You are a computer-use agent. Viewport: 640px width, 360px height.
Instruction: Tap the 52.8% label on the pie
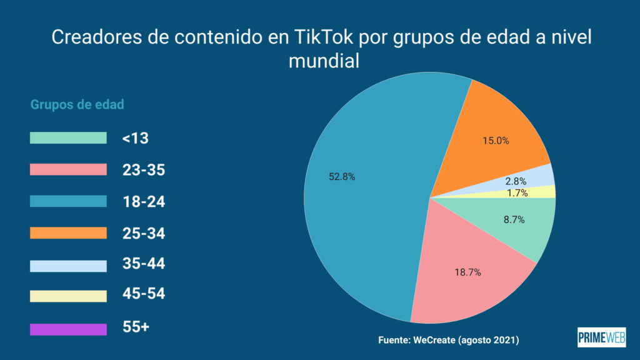[x=342, y=177]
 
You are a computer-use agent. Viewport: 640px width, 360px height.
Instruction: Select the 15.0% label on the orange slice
[x=495, y=141]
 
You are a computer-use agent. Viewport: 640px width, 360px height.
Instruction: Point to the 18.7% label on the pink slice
[x=468, y=272]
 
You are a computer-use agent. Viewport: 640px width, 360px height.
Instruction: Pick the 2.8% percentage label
[x=517, y=181]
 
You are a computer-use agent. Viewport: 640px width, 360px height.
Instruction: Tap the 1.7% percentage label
[x=517, y=193]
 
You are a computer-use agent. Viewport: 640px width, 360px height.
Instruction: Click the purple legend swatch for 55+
[x=68, y=329]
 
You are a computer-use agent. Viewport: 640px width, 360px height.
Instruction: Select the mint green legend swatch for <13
[x=68, y=138]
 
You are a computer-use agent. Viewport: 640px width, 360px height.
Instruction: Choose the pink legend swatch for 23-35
[x=68, y=170]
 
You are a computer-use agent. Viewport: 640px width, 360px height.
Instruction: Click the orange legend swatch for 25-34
[x=68, y=233]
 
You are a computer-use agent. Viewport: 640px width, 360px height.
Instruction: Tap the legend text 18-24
[x=144, y=202]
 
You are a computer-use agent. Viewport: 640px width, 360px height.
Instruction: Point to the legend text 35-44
[x=144, y=264]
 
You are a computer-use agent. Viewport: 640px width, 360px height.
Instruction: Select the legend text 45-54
[x=144, y=293]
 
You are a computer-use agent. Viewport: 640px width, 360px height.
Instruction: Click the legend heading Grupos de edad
[x=77, y=104]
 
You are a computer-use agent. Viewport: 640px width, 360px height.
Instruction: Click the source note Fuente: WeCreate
[x=449, y=340]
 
